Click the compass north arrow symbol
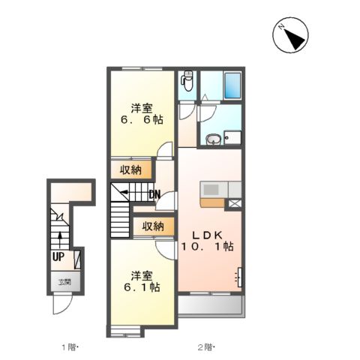(x=290, y=35)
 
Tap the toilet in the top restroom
(x=187, y=80)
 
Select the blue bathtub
(x=232, y=85)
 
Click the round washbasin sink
(x=214, y=139)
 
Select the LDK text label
(x=207, y=235)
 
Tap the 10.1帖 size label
(x=207, y=247)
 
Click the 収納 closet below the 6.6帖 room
(x=131, y=170)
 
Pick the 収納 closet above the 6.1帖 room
(x=153, y=226)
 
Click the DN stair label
(x=154, y=194)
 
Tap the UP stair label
(x=58, y=256)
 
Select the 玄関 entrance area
(x=65, y=281)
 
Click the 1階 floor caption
(x=70, y=347)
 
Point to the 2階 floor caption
(x=206, y=347)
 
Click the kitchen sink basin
(x=211, y=190)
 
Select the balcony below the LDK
(x=210, y=304)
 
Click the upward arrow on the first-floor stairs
(x=60, y=240)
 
